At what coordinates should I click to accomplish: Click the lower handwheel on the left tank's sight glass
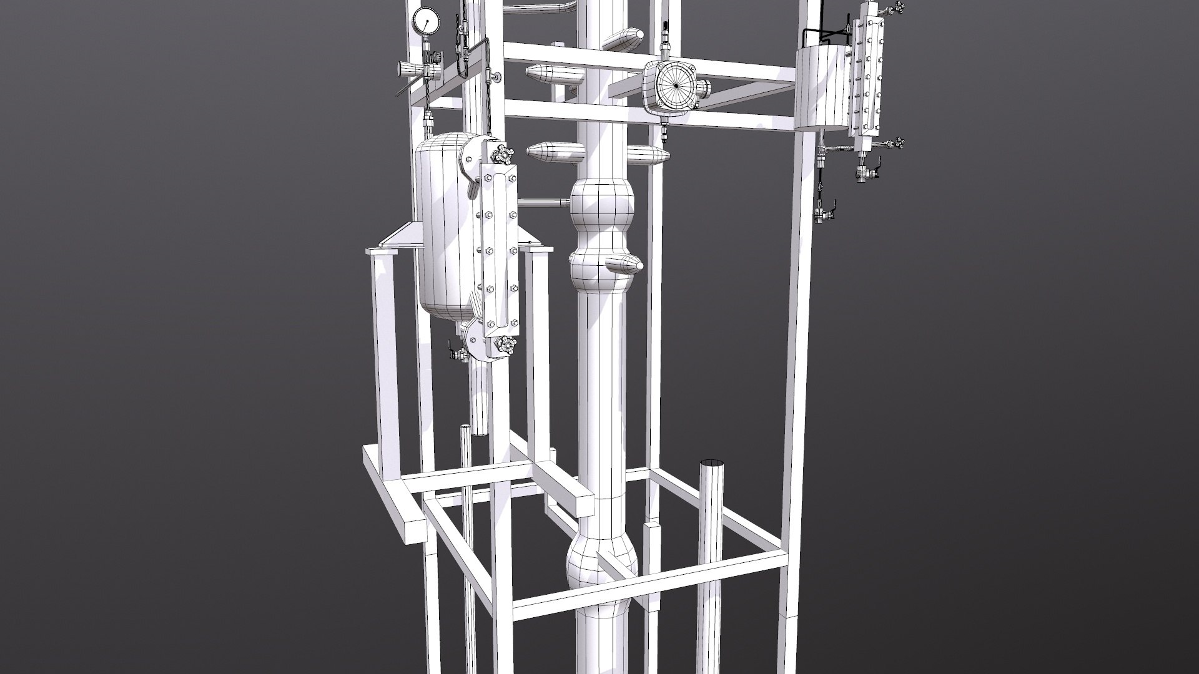click(x=503, y=344)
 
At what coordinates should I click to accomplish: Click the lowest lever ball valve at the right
click(x=823, y=214)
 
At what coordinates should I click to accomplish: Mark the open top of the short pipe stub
click(x=712, y=464)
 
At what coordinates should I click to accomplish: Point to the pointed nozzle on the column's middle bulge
click(x=624, y=264)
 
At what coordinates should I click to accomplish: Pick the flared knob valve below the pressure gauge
click(x=408, y=67)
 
